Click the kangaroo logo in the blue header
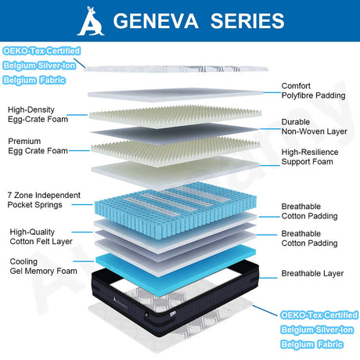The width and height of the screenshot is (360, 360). pyautogui.click(x=91, y=21)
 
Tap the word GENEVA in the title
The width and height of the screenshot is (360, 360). pyautogui.click(x=156, y=21)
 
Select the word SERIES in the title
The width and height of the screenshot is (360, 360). pyautogui.click(x=247, y=21)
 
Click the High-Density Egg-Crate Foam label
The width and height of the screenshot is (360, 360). pyautogui.click(x=38, y=114)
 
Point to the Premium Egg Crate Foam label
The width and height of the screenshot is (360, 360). pyautogui.click(x=38, y=146)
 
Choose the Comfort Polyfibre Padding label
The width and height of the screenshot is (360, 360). pyautogui.click(x=313, y=91)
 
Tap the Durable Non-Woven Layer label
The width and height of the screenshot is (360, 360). pyautogui.click(x=314, y=127)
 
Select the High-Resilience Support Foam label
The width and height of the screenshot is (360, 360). pyautogui.click(x=310, y=157)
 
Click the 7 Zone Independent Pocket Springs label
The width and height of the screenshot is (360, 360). pyautogui.click(x=44, y=200)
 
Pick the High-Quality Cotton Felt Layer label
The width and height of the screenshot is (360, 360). pyautogui.click(x=41, y=236)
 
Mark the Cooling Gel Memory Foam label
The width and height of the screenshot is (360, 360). pyautogui.click(x=43, y=266)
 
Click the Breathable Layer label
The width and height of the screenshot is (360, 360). pyautogui.click(x=312, y=273)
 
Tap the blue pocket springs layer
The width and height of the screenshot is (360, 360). pyautogui.click(x=175, y=209)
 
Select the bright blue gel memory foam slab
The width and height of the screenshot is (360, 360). pyautogui.click(x=175, y=270)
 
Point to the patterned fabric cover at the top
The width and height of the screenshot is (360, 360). pyautogui.click(x=176, y=69)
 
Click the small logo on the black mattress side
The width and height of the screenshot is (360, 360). pyautogui.click(x=121, y=303)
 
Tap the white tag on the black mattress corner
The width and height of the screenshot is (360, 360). pyautogui.click(x=173, y=313)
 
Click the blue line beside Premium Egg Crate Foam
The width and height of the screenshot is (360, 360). pyautogui.click(x=79, y=150)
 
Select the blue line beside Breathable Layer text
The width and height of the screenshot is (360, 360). pyautogui.click(x=268, y=278)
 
